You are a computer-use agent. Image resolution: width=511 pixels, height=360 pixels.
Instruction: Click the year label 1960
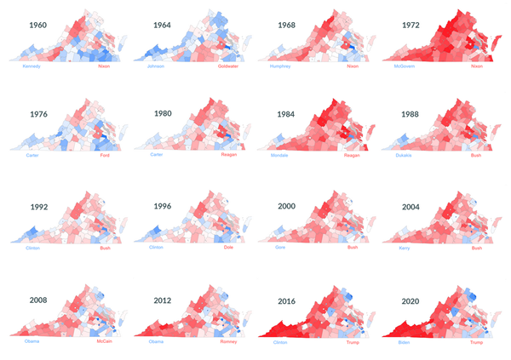(38, 25)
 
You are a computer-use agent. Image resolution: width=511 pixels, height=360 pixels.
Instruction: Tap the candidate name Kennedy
(32, 66)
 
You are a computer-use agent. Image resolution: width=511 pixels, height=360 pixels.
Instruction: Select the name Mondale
(280, 156)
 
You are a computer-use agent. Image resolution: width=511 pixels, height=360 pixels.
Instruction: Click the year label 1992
(38, 206)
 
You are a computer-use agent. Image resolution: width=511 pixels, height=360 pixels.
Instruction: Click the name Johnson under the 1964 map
(156, 66)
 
